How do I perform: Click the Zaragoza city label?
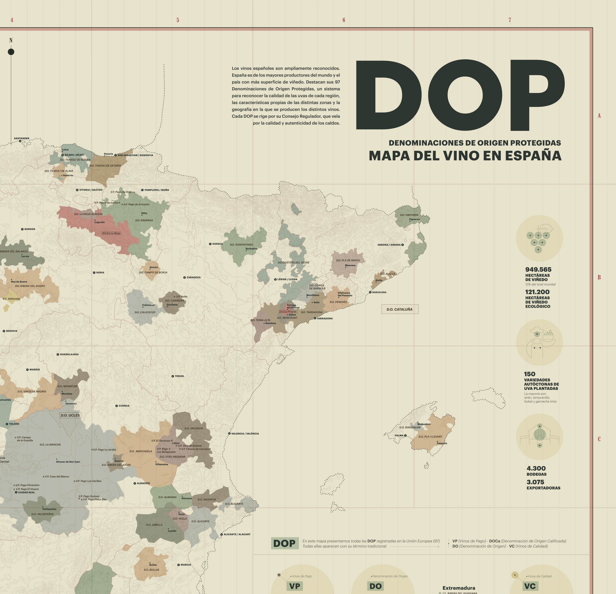coord(193,277)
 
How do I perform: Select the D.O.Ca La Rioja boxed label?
coord(111,233)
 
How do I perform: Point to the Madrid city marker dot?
coord(27,370)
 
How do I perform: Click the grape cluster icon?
coord(539,238)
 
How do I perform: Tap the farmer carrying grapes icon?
coord(539,343)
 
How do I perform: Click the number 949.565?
coord(538,269)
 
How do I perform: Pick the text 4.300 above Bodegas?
coord(536,468)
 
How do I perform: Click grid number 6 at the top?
coord(344,20)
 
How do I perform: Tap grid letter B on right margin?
coord(599,277)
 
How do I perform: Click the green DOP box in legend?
coord(284,543)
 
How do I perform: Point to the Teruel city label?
coord(179,376)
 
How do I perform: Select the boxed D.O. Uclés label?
coord(70,415)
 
